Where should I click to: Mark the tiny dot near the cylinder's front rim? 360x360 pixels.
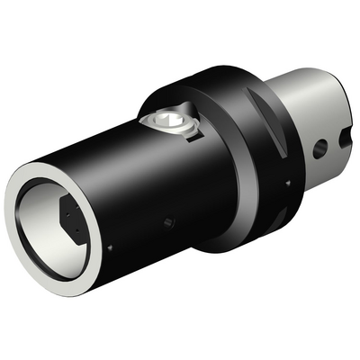[109, 248]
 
